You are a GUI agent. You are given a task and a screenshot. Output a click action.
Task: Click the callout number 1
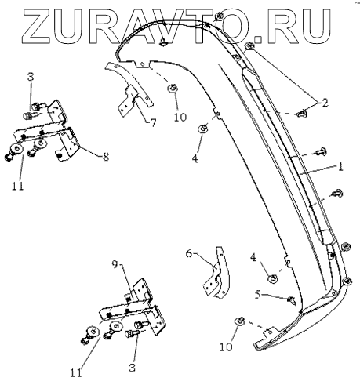click(340, 166)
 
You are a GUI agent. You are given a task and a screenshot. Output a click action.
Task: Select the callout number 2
click(325, 103)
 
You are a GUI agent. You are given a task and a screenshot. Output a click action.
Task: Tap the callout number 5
click(257, 295)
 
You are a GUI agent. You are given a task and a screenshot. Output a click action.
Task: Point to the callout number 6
click(189, 253)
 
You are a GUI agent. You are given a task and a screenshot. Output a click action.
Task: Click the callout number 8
click(105, 157)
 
